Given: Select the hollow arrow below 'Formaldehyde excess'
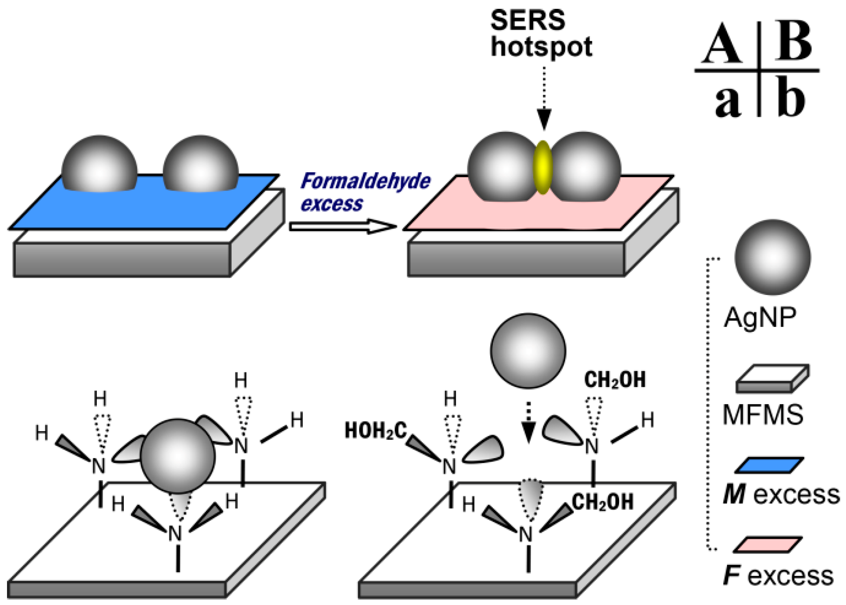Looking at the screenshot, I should (343, 226).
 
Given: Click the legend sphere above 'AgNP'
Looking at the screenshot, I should (772, 257).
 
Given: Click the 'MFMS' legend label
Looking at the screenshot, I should (763, 415).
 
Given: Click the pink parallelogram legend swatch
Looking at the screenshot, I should (768, 545).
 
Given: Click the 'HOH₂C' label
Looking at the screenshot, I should (376, 431).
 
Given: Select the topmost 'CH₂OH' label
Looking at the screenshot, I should (615, 380).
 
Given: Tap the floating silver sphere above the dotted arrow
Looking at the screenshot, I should (528, 351).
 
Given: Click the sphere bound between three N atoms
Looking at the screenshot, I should (178, 455).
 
